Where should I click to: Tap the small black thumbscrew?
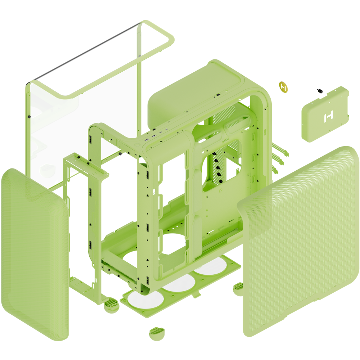pos(319,90)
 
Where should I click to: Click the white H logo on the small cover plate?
pos(329,116)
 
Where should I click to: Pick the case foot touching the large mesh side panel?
pos(238,288)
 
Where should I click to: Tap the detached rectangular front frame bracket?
pos(81,223)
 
